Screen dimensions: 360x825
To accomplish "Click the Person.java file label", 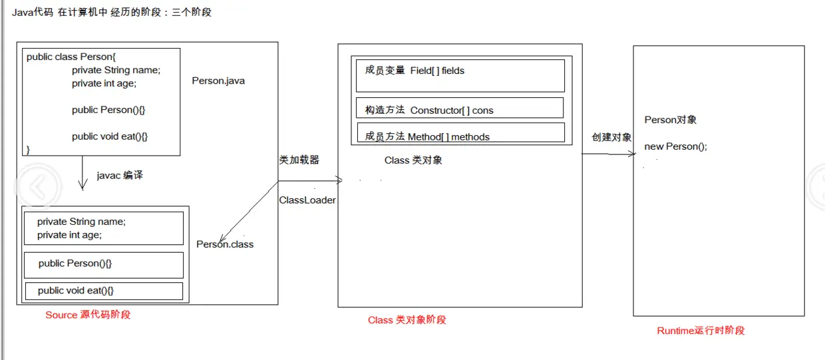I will point(219,81).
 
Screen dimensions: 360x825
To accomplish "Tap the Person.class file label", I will point(226,244).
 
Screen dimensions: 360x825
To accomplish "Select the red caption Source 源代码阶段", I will point(88,315).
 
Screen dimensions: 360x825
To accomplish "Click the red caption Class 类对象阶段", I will point(407,320).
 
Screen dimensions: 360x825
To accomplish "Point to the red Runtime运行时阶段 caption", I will point(701,331).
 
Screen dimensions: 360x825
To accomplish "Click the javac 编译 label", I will point(120,176).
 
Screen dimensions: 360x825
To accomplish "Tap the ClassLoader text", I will point(307,200).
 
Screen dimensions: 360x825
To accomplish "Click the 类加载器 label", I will point(299,160).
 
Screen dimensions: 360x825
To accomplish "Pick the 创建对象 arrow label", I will point(611,137).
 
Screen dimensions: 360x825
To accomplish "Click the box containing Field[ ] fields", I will point(460,75).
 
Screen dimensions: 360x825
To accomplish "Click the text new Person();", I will point(675,146).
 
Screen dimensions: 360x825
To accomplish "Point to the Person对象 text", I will point(671,120).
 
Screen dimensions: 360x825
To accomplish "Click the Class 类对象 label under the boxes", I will point(413,160).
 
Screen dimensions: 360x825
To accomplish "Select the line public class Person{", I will point(71,57).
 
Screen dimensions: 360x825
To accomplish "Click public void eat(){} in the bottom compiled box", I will point(76,291).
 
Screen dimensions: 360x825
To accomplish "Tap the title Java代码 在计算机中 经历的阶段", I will point(112,12).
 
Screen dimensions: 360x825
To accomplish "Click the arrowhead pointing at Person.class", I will point(223,237).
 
